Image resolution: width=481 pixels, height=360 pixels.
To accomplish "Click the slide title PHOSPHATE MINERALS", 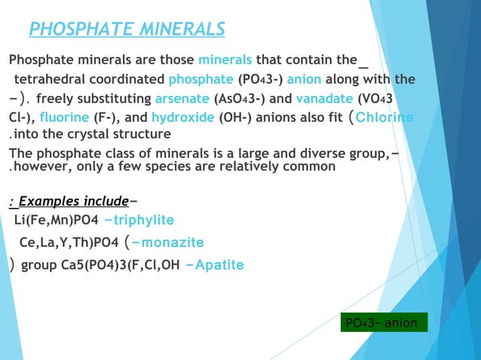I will point(127,29).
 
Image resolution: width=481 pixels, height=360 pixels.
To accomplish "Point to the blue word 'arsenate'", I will point(182,99).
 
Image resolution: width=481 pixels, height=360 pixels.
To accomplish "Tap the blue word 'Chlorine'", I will point(384,118).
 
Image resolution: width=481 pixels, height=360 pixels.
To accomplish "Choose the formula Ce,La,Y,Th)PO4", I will point(68,243).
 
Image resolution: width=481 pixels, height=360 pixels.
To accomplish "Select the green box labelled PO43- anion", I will point(384,323).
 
